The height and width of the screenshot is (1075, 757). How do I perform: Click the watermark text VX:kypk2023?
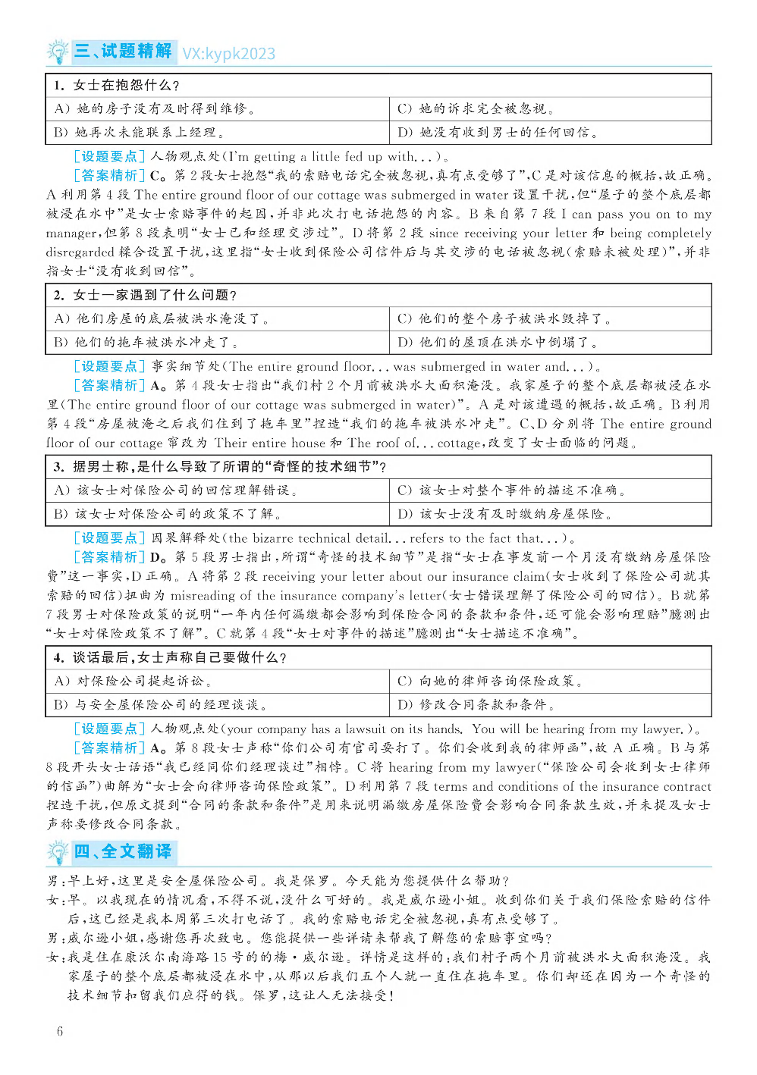(228, 54)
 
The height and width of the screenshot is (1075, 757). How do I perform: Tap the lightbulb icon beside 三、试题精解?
(58, 52)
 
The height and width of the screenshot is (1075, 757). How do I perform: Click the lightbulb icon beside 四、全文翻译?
(58, 852)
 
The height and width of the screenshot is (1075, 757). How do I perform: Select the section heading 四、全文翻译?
(123, 851)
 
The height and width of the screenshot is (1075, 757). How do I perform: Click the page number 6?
(60, 1031)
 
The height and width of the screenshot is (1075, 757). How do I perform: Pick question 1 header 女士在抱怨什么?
(117, 85)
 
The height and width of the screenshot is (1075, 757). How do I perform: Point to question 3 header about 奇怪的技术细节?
(220, 466)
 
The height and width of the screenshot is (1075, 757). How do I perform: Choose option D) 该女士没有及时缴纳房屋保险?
(504, 514)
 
